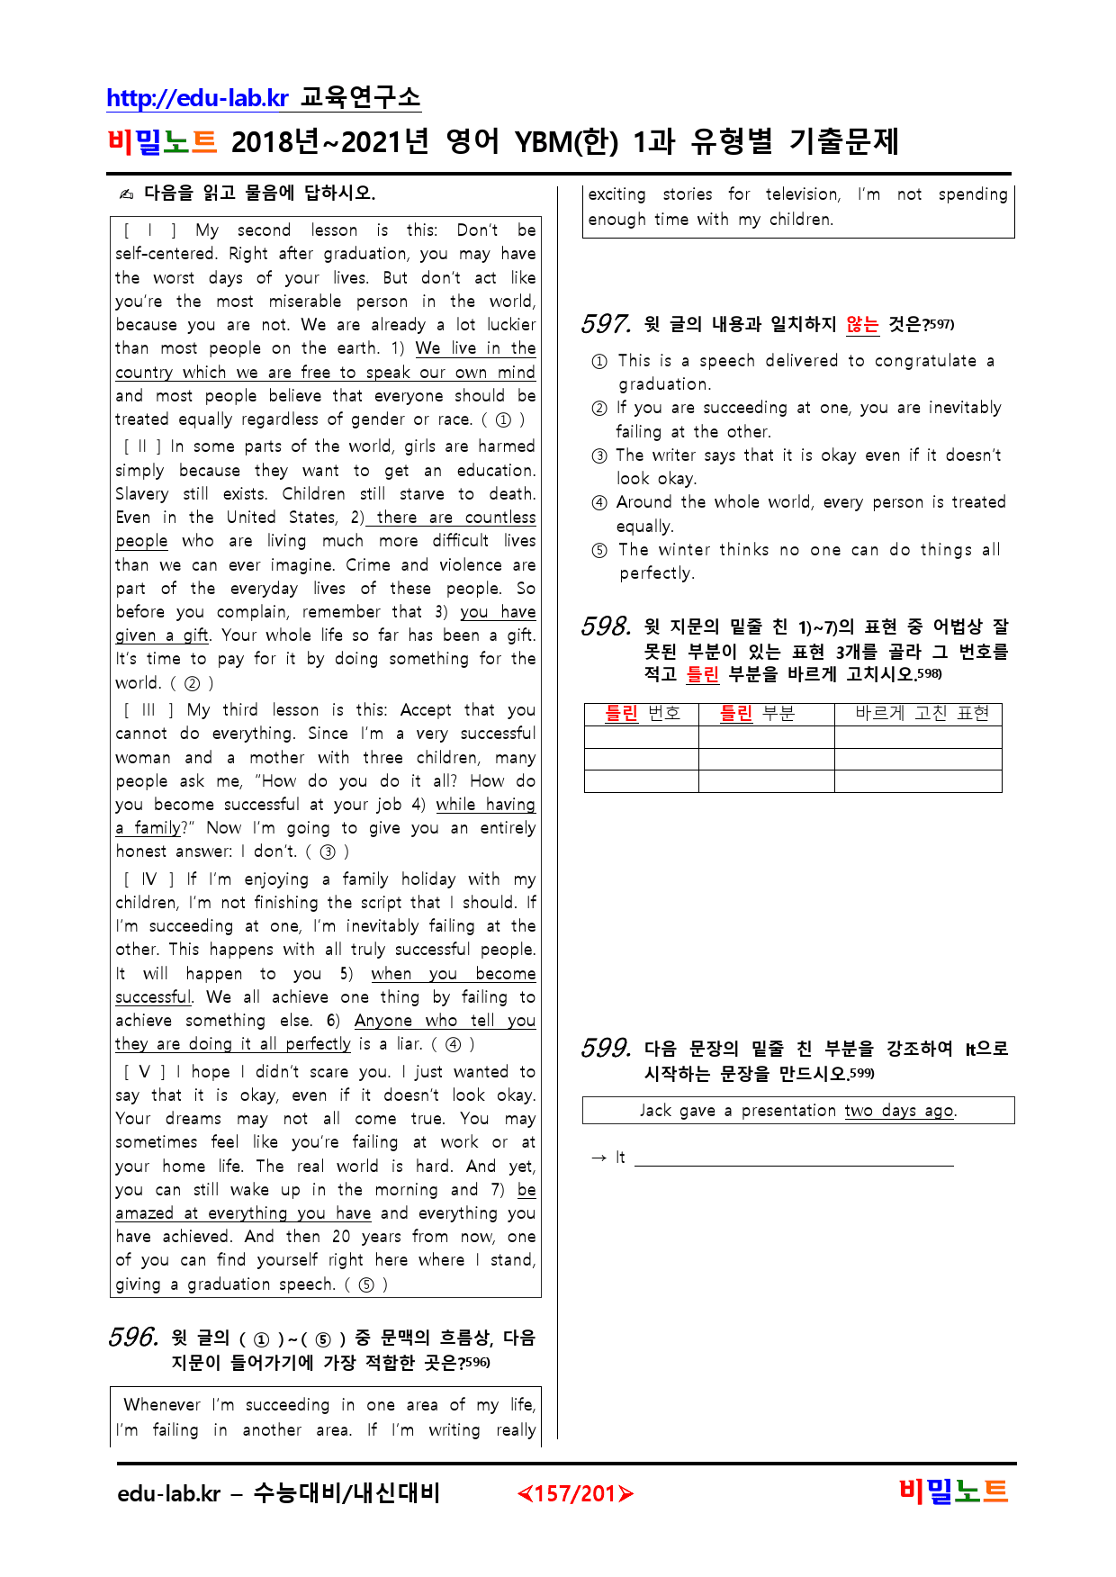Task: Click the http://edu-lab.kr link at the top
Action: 197,98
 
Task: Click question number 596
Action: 133,1337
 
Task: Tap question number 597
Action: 606,324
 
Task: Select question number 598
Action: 606,626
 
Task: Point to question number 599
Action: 606,1048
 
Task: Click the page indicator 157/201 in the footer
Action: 575,1494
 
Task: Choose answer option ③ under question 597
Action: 599,456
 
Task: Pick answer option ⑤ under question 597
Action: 599,551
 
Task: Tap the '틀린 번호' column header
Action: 642,714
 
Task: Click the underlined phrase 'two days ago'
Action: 899,1111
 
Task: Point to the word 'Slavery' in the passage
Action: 141,494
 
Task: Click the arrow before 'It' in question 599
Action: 598,1158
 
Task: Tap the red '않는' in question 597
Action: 862,325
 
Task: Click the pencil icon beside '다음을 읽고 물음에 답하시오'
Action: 127,194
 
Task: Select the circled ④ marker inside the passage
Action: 454,1045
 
